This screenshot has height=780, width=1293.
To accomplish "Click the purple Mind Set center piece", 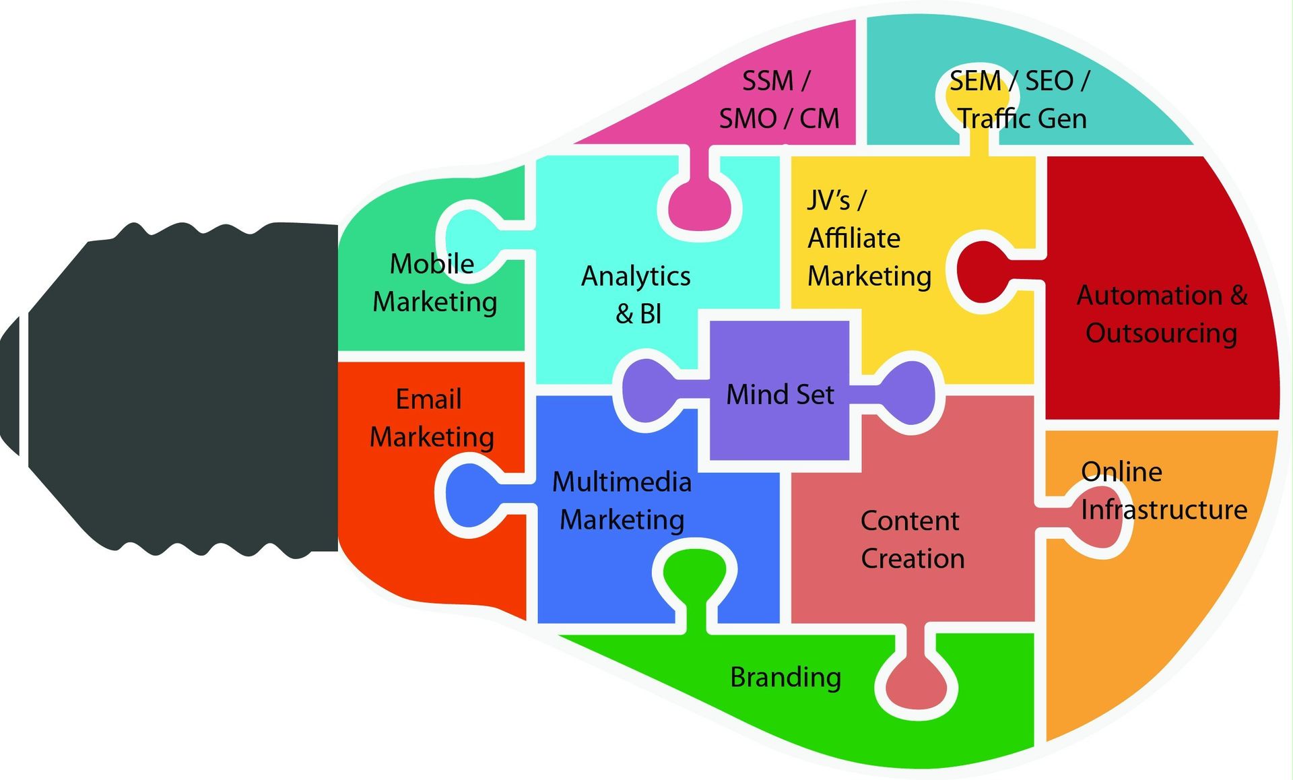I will coord(780,393).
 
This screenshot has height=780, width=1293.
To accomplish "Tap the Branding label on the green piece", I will coord(785,677).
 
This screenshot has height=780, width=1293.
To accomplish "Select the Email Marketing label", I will coord(432,418).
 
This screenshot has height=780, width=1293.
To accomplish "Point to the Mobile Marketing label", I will coord(434,282).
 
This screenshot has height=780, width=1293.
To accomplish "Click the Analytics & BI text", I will coord(636,294).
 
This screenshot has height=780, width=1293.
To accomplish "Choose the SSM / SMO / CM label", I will coord(778,100).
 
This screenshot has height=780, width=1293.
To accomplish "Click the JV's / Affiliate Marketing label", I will coord(869,238).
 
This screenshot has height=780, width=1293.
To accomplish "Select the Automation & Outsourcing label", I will coord(1162,314).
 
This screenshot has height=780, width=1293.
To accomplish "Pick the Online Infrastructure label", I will coord(1163,490).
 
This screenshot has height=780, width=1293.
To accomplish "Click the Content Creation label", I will coord(912,539).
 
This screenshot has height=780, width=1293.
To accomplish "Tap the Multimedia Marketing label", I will coord(622,500).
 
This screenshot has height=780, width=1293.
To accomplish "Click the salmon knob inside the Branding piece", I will coord(917,684).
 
